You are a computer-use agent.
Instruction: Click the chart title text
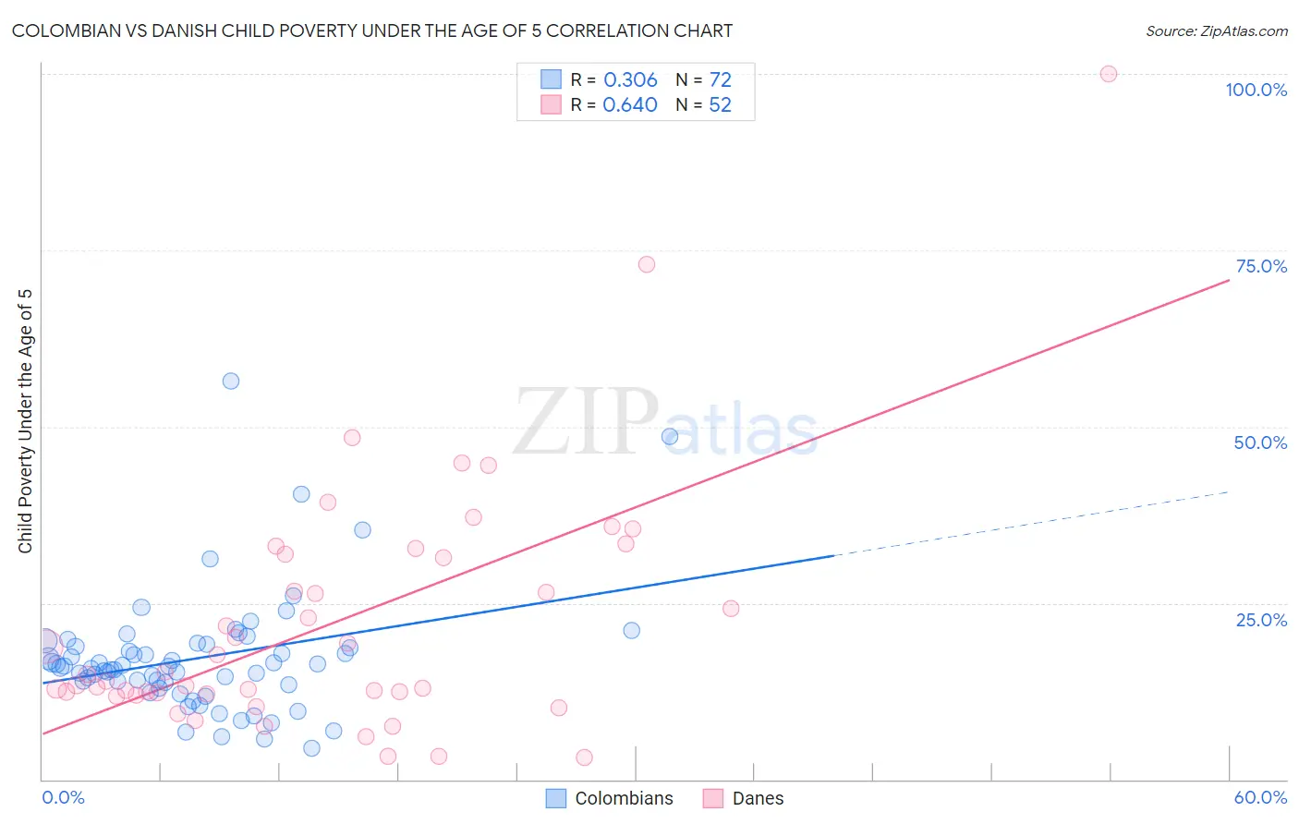(371, 30)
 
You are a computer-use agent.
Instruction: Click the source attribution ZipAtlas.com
(1216, 31)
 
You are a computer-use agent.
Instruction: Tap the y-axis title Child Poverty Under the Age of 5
(25, 421)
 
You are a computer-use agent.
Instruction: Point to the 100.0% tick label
(1256, 90)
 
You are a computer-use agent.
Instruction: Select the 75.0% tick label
(1261, 266)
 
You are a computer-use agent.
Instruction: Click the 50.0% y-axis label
(1260, 442)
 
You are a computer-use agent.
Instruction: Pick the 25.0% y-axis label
(1261, 620)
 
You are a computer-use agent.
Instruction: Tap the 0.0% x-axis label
(63, 797)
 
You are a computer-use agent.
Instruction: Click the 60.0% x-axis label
(1260, 797)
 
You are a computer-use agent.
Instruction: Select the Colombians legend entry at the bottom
(610, 798)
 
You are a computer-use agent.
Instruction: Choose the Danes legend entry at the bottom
(744, 798)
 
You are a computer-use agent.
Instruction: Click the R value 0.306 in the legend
(630, 80)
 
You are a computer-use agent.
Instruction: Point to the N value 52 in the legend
(720, 105)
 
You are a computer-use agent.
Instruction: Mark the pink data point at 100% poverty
(1109, 74)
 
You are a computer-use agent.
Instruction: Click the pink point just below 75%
(647, 265)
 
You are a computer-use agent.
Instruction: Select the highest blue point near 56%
(231, 382)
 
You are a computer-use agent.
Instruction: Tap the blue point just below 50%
(670, 436)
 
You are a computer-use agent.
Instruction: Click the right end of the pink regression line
(1229, 279)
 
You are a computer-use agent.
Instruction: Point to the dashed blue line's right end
(1229, 491)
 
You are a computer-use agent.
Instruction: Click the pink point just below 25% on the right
(731, 609)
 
